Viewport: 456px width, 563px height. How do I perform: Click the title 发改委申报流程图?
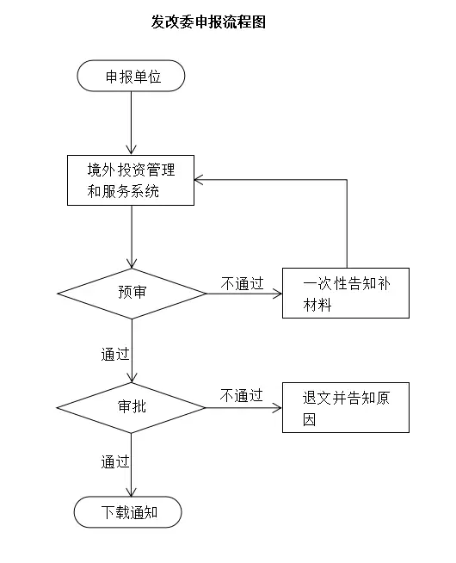pos(208,22)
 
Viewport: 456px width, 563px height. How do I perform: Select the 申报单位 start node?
pos(131,76)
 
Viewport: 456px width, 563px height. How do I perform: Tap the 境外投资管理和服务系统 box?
pos(131,180)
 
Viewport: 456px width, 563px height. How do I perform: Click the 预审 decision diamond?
pos(132,294)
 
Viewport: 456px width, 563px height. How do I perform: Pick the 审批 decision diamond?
pos(131,407)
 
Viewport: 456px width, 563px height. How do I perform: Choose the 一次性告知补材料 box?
pos(346,293)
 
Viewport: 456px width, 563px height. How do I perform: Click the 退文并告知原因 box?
pos(346,407)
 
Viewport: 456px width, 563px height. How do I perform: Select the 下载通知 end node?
pos(127,512)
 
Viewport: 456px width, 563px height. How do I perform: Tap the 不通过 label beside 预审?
pos(242,283)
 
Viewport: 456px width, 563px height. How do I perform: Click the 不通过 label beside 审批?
pos(242,396)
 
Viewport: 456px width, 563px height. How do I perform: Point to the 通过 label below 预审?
pos(115,355)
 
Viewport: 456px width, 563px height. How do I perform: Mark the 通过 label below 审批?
pos(115,461)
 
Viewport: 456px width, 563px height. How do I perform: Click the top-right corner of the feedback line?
pos(347,180)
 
